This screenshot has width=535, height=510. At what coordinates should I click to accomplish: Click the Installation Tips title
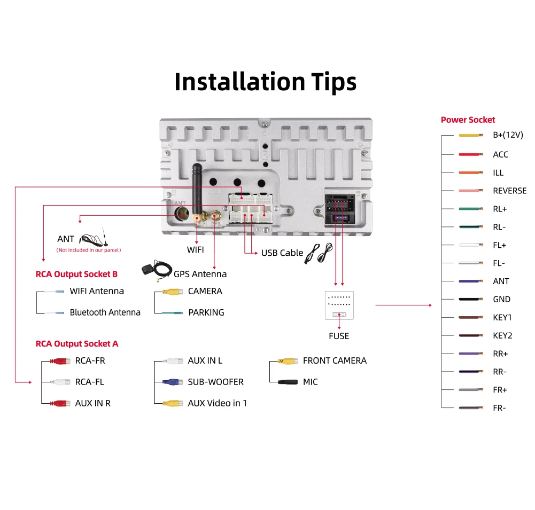266,82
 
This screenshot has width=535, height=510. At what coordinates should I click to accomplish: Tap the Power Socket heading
468,120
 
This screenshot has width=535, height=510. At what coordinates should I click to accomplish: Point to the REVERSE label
509,191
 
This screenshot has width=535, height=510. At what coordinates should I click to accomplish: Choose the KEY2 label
502,335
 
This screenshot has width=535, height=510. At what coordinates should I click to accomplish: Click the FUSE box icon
339,305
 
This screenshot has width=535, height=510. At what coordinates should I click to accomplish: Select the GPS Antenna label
200,274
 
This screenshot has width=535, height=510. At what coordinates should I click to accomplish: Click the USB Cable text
282,253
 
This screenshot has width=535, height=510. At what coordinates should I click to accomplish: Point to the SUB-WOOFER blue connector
172,382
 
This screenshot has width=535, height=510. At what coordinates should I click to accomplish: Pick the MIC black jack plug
286,382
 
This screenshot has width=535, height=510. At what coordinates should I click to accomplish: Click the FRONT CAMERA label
335,360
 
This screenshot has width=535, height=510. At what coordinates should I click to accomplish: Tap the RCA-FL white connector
59,382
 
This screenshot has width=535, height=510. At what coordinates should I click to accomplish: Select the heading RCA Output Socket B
76,274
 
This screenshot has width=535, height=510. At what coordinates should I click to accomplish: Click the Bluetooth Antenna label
105,312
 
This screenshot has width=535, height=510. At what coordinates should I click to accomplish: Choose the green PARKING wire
172,312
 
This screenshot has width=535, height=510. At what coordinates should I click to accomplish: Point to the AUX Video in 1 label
217,403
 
